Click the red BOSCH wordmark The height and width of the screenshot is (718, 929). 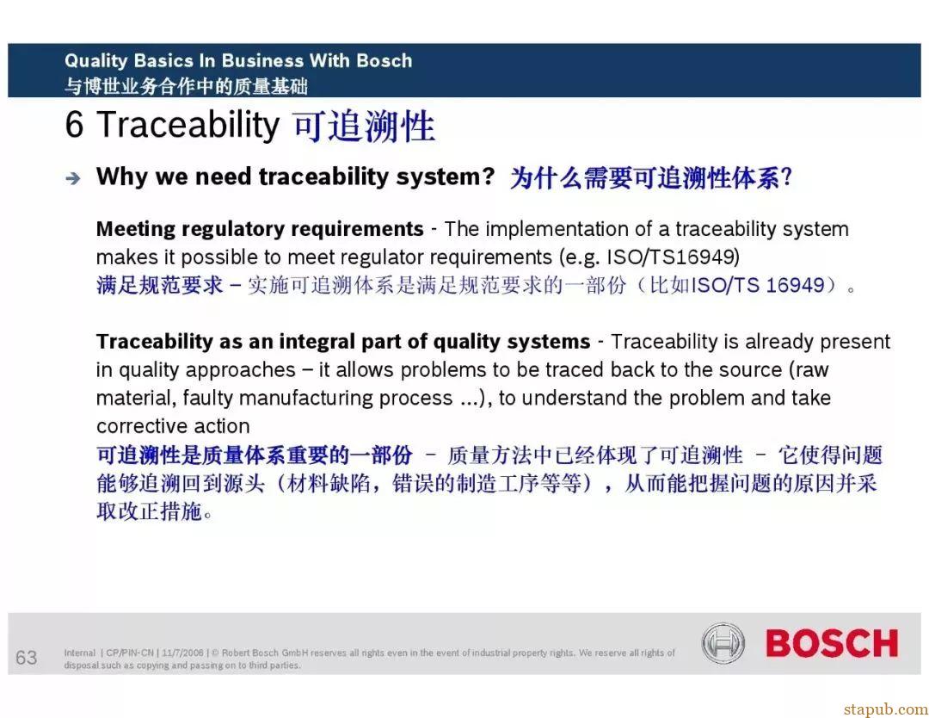click(832, 643)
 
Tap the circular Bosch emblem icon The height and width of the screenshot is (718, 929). click(723, 643)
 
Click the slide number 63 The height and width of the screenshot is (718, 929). click(26, 658)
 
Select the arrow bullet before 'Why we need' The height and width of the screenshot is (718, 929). click(73, 178)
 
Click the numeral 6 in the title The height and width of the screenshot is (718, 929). click(74, 125)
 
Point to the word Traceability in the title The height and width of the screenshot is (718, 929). click(188, 125)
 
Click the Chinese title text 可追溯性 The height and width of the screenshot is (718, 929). click(365, 126)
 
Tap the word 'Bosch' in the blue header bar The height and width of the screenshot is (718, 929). click(384, 60)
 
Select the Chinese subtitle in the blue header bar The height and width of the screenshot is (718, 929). click(186, 87)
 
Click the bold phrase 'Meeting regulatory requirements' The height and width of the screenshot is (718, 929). click(260, 229)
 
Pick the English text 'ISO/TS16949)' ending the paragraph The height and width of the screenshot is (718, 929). click(674, 257)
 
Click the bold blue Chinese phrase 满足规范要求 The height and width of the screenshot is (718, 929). click(160, 285)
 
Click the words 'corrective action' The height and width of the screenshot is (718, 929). click(173, 425)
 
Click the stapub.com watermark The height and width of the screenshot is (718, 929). click(886, 709)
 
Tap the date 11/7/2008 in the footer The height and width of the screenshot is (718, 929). click(182, 653)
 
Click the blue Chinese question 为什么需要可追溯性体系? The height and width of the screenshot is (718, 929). click(651, 177)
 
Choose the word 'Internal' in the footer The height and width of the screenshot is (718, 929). click(79, 653)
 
